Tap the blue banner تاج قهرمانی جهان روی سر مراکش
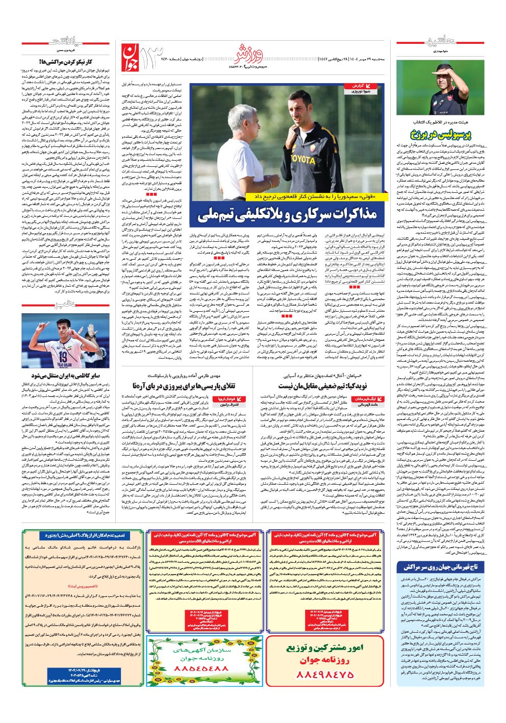(x=441, y=567)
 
